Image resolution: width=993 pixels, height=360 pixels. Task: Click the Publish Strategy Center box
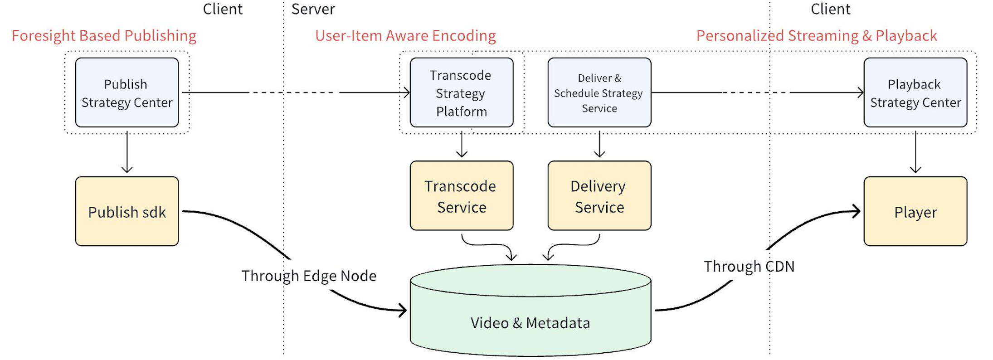[127, 92]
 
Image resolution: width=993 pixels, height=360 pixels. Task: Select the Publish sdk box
[127, 211]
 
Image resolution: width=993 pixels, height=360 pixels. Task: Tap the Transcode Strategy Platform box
[462, 92]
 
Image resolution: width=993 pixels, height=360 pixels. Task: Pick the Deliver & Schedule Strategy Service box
[599, 92]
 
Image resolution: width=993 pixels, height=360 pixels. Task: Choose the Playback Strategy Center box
[915, 92]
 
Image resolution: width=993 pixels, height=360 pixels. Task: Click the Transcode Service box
[462, 195]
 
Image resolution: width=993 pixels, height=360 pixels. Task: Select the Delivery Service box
[599, 195]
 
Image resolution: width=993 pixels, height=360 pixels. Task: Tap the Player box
[915, 211]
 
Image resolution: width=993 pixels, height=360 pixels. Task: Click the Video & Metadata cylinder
[531, 311]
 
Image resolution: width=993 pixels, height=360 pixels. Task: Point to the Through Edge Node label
[309, 276]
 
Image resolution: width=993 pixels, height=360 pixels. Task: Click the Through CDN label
[749, 266]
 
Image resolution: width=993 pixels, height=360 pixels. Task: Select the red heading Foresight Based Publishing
[104, 35]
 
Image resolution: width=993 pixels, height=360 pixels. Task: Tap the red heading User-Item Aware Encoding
[405, 35]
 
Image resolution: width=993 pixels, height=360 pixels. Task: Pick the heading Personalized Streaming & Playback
[817, 35]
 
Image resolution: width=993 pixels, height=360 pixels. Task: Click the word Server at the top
[313, 9]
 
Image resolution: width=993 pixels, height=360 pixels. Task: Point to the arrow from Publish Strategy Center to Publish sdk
[127, 152]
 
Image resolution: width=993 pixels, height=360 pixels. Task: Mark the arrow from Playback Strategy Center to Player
[915, 152]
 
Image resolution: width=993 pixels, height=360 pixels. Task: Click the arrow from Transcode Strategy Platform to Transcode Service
[462, 144]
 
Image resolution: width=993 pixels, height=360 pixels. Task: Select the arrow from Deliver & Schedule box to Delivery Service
[599, 144]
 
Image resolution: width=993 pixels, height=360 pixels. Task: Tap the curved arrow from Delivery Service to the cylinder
[572, 245]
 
